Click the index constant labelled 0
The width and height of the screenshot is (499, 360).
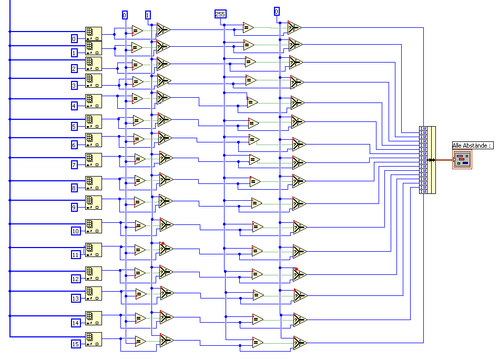click(x=75, y=38)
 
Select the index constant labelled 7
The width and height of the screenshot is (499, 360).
click(x=75, y=165)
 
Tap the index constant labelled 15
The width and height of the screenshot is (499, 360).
click(x=76, y=344)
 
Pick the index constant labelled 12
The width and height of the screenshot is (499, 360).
click(x=76, y=279)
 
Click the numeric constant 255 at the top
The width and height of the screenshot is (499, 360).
click(x=220, y=14)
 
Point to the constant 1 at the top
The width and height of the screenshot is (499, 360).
click(x=148, y=15)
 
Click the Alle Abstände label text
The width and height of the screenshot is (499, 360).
click(x=472, y=146)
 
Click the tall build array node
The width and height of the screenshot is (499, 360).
click(x=427, y=160)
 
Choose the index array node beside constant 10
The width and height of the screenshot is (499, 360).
click(x=94, y=225)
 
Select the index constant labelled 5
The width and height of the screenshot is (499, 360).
click(x=75, y=126)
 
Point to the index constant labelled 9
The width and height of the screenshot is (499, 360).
click(x=75, y=207)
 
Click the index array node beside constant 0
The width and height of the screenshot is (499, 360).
click(x=94, y=34)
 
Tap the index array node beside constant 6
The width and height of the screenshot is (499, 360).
click(x=94, y=139)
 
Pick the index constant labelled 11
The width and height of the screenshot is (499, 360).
click(x=76, y=255)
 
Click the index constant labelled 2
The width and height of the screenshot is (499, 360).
click(x=75, y=68)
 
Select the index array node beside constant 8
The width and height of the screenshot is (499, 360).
click(x=94, y=182)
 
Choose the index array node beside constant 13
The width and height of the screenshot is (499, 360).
click(x=94, y=293)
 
